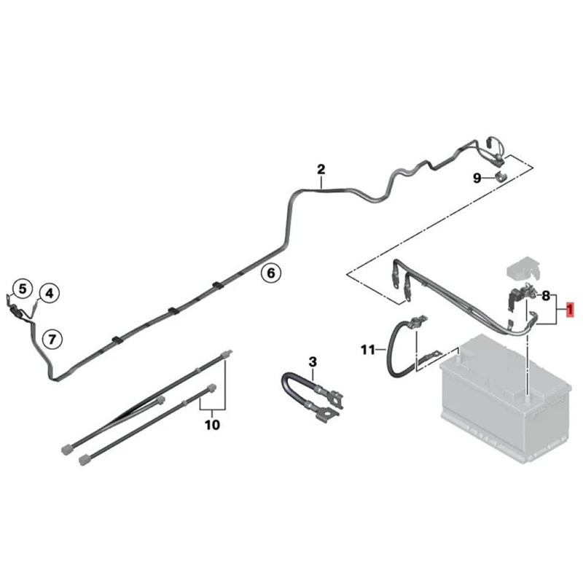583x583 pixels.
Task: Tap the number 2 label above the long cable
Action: point(321,170)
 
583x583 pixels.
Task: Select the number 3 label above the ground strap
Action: point(313,361)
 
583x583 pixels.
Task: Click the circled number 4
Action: point(50,294)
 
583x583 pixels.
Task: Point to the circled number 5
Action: point(23,289)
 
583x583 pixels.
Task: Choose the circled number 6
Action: point(270,273)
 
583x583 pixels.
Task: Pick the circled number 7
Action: point(52,338)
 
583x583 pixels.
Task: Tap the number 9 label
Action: point(477,178)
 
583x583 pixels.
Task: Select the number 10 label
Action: point(212,424)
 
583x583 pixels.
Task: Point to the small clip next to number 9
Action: point(501,177)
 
